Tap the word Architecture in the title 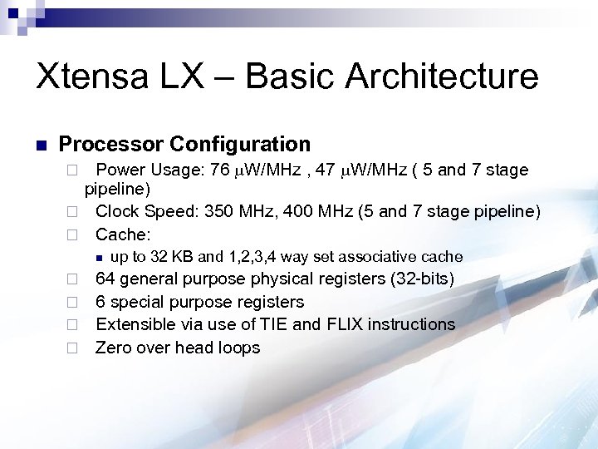pos(442,76)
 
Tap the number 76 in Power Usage pos(220,170)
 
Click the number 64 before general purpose pos(105,279)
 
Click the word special pos(138,302)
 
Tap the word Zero pos(115,348)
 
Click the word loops pos(238,348)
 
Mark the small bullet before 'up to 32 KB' pos(98,257)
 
